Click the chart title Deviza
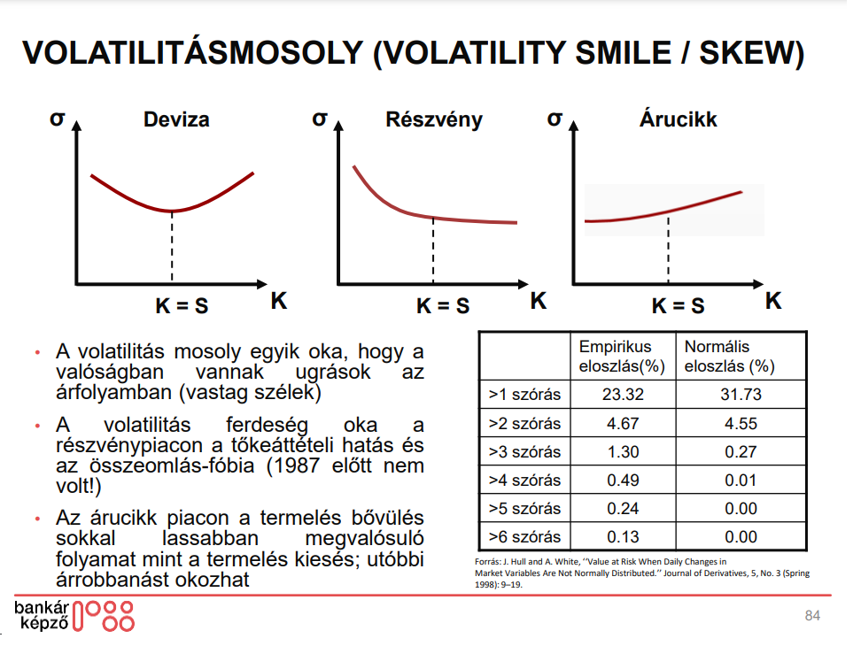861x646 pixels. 176,119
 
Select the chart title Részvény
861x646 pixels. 434,119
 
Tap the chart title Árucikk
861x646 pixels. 678,119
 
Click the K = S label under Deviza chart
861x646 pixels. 182,306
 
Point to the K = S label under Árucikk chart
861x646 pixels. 678,306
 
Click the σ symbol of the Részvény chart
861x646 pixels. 320,118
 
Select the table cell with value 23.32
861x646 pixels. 622,395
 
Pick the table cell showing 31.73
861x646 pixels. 741,395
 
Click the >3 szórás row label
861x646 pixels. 524,451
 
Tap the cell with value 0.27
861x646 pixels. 741,451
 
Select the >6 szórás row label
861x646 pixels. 524,536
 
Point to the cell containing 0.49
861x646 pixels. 622,480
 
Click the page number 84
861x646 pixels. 812,616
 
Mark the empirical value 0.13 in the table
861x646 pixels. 622,536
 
